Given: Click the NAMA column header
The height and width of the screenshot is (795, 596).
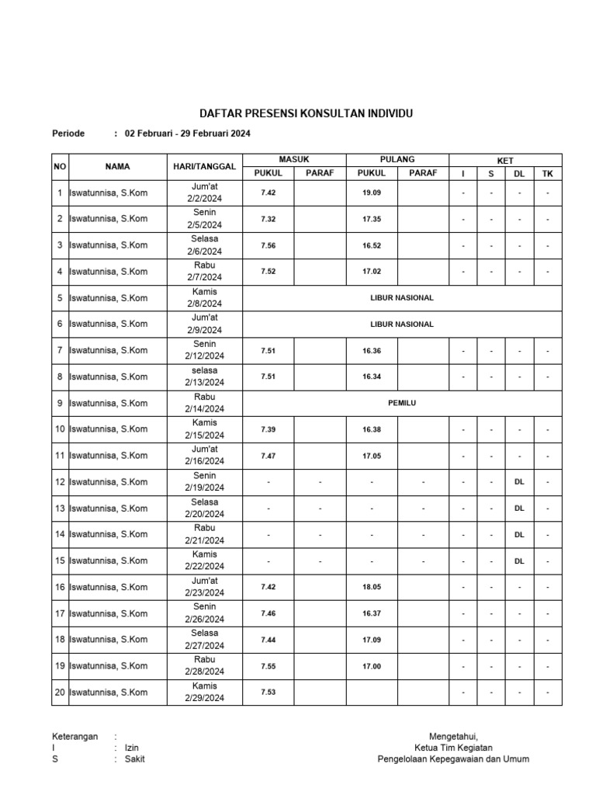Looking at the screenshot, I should tap(118, 167).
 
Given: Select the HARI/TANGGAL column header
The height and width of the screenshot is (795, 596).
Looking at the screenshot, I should tap(204, 167).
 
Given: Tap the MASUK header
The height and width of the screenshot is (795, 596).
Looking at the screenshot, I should tap(294, 159).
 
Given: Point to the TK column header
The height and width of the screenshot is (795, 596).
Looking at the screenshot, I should tap(548, 174).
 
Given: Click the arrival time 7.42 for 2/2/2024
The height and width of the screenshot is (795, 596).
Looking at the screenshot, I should tap(269, 193).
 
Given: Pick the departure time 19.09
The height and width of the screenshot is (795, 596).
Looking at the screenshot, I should tap(372, 193).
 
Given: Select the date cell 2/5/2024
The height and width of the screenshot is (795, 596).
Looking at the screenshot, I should tap(204, 224).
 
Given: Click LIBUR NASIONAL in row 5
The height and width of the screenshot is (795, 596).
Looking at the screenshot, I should tap(401, 297).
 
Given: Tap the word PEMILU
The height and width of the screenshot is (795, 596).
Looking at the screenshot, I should tap(402, 403).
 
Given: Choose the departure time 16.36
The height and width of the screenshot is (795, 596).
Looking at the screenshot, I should tap(372, 350).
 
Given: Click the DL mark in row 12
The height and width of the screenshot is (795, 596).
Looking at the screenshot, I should tap(519, 482).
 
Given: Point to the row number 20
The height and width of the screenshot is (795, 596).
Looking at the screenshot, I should tap(60, 693).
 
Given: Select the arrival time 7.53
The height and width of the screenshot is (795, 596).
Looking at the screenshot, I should tap(269, 693).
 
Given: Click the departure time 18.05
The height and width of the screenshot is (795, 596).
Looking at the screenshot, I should tap(372, 587).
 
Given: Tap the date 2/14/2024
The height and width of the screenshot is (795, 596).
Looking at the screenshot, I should tap(204, 409).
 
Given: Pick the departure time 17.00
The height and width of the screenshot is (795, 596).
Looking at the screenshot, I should tap(372, 666).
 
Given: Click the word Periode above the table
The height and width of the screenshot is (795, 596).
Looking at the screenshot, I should tap(68, 134).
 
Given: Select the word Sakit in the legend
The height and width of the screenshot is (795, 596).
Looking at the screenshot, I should tap(135, 759).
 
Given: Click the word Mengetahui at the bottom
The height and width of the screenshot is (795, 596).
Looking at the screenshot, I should tap(453, 736).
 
